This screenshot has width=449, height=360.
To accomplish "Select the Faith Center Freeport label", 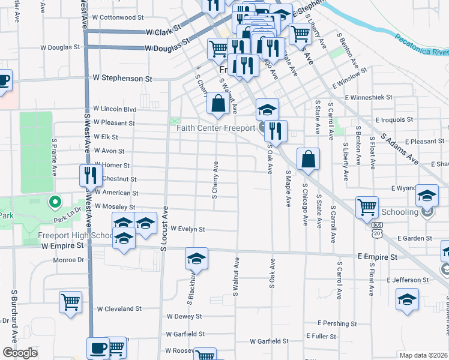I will [x=216, y=128].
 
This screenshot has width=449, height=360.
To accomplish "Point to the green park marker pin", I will [x=55, y=203].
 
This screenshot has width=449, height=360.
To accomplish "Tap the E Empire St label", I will [x=378, y=256].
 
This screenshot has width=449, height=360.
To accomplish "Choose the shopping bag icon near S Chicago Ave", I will [x=308, y=159].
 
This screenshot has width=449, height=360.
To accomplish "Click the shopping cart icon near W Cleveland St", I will [x=70, y=302].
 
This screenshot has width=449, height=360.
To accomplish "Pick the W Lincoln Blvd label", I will [x=114, y=109].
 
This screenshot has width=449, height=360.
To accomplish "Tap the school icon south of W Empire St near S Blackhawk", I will [x=196, y=259].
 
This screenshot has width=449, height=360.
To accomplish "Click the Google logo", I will [x=20, y=353].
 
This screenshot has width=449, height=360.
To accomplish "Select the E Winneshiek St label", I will [x=367, y=97].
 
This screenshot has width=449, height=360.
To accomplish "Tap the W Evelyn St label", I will [x=188, y=229].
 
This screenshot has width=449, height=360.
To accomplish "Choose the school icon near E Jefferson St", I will [x=407, y=299].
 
